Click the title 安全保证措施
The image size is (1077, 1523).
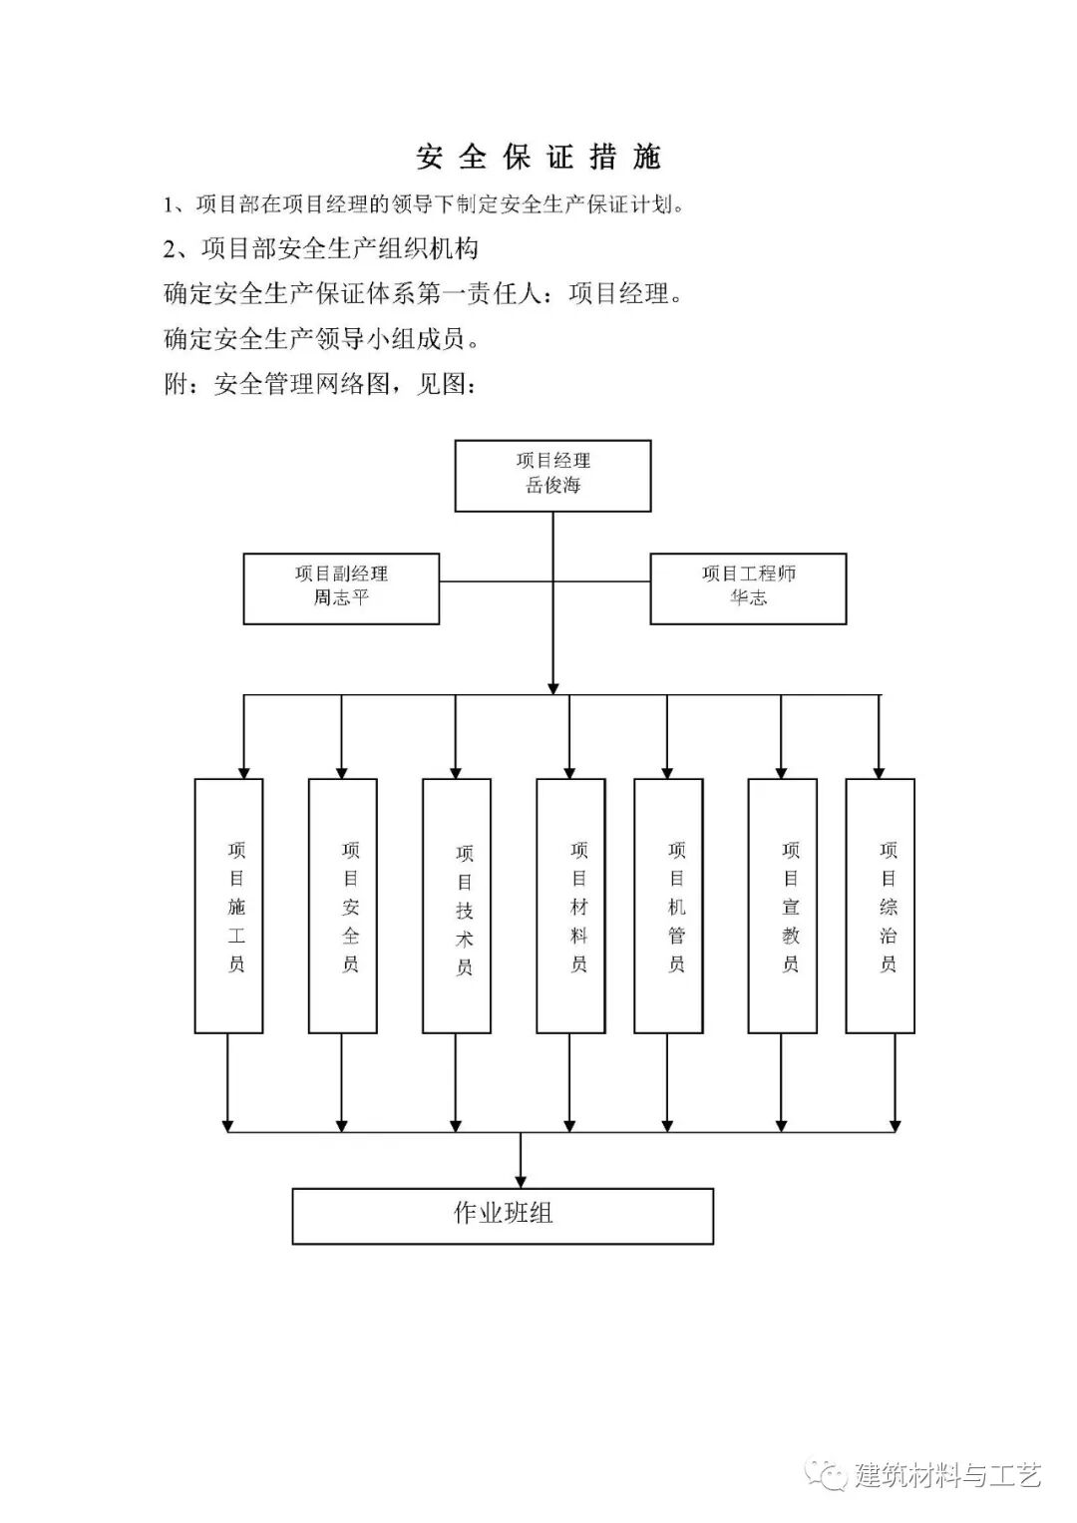(538, 158)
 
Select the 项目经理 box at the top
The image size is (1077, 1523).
(553, 476)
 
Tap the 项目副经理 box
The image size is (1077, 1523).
(341, 588)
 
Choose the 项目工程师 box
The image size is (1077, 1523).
(748, 588)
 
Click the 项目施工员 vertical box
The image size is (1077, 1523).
(228, 906)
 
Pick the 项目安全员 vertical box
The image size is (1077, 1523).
(342, 906)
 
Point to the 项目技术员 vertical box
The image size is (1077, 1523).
(457, 906)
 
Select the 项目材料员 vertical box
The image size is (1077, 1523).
(570, 906)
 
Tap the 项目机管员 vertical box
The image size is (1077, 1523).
(668, 906)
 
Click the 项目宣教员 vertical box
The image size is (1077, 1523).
(783, 906)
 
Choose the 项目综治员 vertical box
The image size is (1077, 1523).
(881, 906)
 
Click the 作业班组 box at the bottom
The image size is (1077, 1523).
(503, 1216)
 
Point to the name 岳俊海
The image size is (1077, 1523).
(553, 487)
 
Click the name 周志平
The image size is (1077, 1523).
(341, 598)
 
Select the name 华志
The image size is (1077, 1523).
(748, 598)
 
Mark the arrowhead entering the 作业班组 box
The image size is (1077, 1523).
(521, 1181)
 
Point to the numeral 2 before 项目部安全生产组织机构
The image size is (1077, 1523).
(170, 248)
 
